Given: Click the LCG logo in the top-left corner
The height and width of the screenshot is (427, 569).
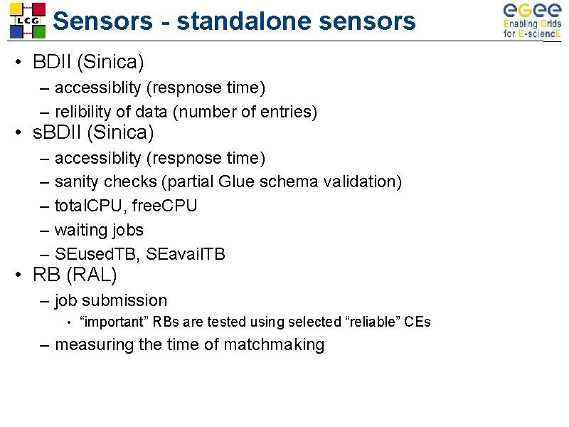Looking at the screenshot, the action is click(x=27, y=20).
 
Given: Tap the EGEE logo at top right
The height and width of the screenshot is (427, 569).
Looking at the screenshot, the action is click(x=531, y=20).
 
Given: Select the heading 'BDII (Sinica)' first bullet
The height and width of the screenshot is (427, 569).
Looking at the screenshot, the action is click(x=88, y=63).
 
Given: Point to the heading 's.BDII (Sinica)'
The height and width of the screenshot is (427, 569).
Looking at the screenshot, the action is click(x=93, y=132).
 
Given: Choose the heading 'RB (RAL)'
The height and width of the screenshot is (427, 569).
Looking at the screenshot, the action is click(x=75, y=274).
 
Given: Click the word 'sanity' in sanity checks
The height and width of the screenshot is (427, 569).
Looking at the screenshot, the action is click(x=76, y=181).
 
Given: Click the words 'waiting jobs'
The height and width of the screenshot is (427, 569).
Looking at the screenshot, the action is click(x=99, y=230).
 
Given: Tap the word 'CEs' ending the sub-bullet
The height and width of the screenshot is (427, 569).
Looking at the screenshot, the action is click(x=417, y=322).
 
